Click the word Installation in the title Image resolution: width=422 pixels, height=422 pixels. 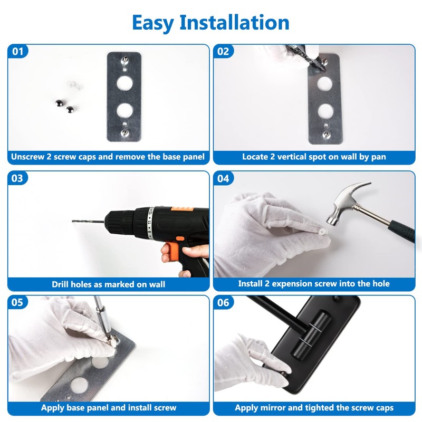coord(234,22)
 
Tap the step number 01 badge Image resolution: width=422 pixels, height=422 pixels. coord(18,51)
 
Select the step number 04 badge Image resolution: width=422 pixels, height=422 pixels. coord(223,178)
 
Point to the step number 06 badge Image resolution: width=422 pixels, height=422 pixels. coord(223,302)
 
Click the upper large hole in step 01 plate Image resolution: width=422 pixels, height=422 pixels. coord(124,83)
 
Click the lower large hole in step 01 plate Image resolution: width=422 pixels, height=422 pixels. coord(125,110)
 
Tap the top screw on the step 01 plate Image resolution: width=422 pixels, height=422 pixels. coord(124,60)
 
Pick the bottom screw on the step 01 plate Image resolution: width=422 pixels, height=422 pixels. coord(124,132)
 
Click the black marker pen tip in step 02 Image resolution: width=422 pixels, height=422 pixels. coord(321,65)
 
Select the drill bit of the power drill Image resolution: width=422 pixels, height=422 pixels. coord(88,222)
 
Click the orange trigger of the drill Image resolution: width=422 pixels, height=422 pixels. coord(169,251)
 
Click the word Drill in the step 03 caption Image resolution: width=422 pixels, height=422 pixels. coord(60,284)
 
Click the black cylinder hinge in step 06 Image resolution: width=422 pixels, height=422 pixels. coord(311,335)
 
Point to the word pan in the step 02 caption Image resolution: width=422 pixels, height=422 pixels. coord(379,157)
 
